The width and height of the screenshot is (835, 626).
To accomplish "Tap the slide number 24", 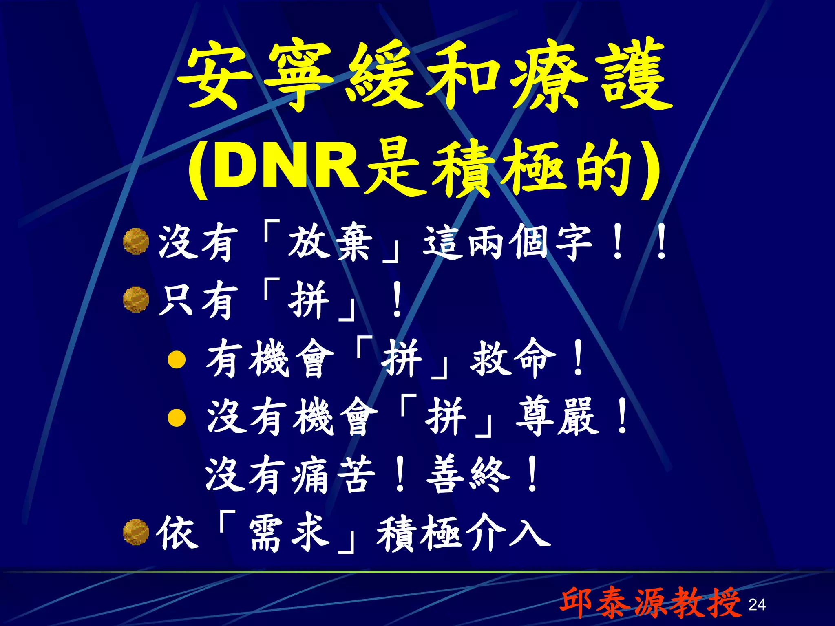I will (x=757, y=604).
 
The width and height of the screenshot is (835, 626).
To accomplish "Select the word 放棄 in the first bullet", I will (x=330, y=243).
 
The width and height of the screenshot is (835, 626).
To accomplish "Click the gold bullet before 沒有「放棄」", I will (x=135, y=242).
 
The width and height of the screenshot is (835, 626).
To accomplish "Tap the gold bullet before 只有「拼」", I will (x=135, y=300).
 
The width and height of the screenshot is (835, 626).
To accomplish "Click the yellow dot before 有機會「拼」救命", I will (x=177, y=359).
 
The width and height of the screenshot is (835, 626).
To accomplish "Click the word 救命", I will (x=513, y=359).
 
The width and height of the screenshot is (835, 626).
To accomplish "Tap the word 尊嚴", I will (x=557, y=417).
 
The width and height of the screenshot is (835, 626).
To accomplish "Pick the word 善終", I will (x=468, y=475).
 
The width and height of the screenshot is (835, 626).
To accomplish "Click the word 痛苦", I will (x=333, y=475).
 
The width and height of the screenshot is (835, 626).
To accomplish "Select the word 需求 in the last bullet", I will (x=289, y=533).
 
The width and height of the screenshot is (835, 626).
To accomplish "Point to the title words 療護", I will (x=591, y=75).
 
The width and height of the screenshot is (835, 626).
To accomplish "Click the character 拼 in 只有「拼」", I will (x=309, y=301).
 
